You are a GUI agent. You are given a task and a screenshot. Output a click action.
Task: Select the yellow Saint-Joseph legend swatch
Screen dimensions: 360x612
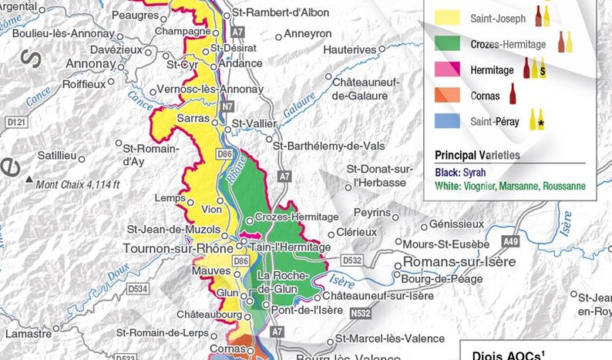point(448,17)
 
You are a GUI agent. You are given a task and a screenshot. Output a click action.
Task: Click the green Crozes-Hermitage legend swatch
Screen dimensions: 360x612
point(448,44)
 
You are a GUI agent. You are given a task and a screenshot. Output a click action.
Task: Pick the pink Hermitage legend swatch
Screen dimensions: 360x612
point(448,70)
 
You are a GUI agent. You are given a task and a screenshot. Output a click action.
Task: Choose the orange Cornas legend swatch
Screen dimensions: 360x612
point(448,96)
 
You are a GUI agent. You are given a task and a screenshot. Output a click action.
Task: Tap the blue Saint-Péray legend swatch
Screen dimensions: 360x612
point(448,121)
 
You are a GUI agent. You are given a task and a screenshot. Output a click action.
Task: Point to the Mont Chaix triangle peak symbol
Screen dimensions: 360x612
point(29,180)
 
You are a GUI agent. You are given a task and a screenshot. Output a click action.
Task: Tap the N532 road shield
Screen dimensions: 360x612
point(358,314)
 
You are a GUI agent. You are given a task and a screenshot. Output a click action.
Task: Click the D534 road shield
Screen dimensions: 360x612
point(138,289)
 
